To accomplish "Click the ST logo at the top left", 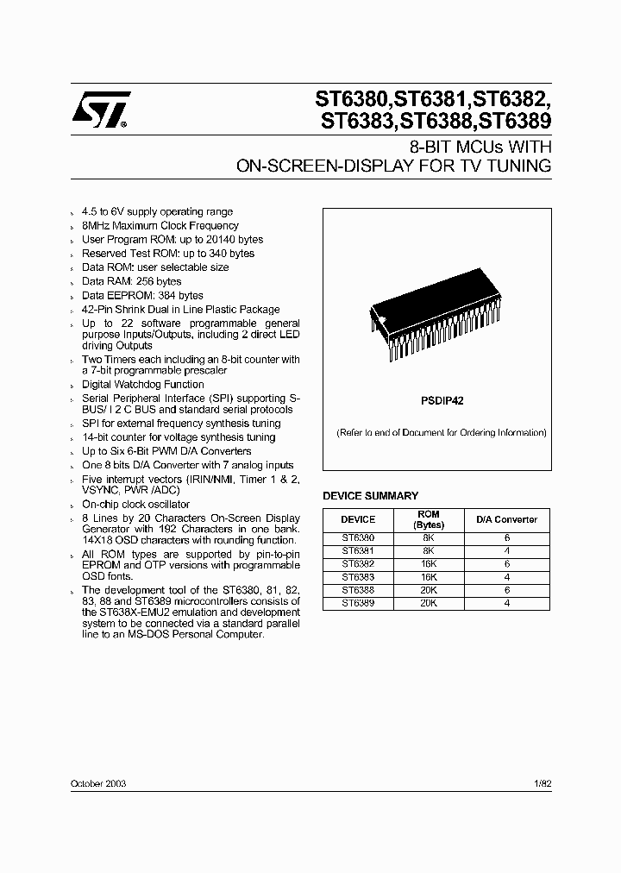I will (x=101, y=110).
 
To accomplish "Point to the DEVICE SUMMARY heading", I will (x=370, y=496).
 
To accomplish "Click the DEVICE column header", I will (x=358, y=519).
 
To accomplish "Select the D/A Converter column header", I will (x=507, y=519).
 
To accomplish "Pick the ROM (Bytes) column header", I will (x=429, y=519).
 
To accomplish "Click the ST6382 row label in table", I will (x=358, y=562).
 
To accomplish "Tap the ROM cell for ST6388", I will (x=429, y=591).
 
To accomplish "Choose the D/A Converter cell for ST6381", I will (x=507, y=550).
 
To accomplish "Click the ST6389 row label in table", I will (x=358, y=603).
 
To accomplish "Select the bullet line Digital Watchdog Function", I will (x=143, y=384).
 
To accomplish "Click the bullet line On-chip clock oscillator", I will (x=135, y=503).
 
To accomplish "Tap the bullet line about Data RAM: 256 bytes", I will (x=132, y=281).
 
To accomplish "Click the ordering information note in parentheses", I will (x=441, y=432).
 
